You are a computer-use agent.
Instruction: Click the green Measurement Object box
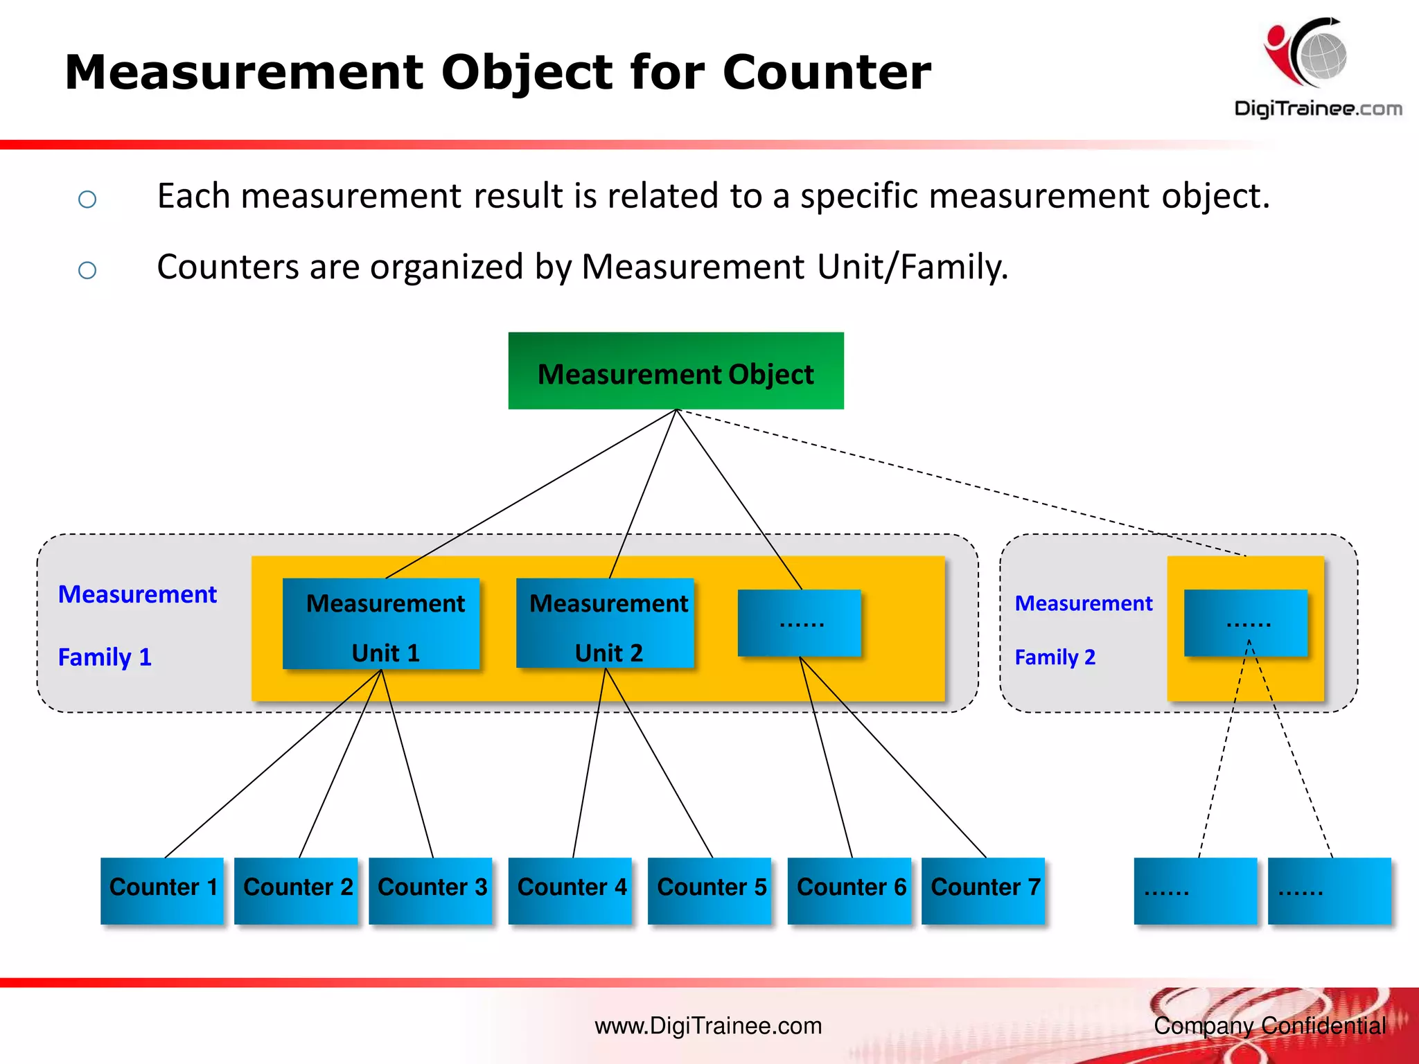click(x=676, y=371)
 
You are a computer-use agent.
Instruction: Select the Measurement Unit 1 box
click(x=381, y=623)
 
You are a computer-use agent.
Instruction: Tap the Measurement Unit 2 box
click(x=605, y=623)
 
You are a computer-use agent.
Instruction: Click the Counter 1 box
click(x=162, y=890)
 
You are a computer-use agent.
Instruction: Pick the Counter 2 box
click(x=297, y=890)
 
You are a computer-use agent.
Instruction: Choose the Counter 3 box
click(x=430, y=890)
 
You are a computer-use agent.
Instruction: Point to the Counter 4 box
click(x=570, y=890)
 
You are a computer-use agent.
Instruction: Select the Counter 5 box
click(x=710, y=890)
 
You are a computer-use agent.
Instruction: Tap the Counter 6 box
click(x=850, y=890)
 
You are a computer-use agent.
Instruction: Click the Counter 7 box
click(x=984, y=890)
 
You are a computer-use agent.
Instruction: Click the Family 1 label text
click(x=105, y=657)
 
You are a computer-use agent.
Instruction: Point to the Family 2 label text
click(x=1055, y=657)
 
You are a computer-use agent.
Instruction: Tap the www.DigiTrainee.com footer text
click(x=708, y=1026)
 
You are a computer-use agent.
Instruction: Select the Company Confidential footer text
click(x=1269, y=1026)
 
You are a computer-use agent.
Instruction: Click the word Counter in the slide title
click(x=827, y=72)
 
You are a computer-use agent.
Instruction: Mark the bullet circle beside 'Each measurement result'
click(x=87, y=199)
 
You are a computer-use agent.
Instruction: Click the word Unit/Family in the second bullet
click(x=912, y=267)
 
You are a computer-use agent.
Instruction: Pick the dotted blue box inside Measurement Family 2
click(x=1246, y=623)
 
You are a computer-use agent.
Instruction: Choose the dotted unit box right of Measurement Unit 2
click(x=800, y=623)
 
